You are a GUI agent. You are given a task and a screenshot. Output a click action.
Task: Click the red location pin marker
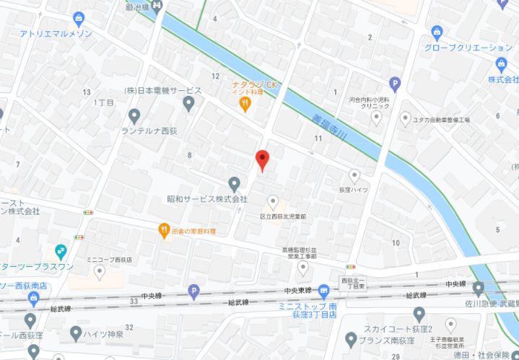click(263, 159)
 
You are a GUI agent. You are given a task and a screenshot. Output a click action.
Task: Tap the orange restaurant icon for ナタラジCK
click(245, 104)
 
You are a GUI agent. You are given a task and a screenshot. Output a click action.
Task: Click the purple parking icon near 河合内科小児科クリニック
click(394, 84)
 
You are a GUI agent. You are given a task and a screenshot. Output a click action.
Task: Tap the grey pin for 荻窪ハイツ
click(354, 175)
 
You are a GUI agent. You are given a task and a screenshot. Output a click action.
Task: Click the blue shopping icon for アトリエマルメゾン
click(78, 17)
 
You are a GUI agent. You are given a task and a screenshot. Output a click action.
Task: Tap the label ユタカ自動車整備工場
click(441, 120)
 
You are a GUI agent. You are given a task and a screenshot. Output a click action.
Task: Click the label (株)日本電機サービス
click(162, 90)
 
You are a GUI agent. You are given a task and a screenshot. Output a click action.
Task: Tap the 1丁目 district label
click(104, 103)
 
